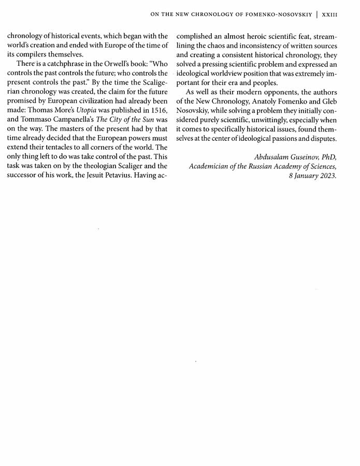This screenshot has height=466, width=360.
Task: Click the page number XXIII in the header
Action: click(x=329, y=15)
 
